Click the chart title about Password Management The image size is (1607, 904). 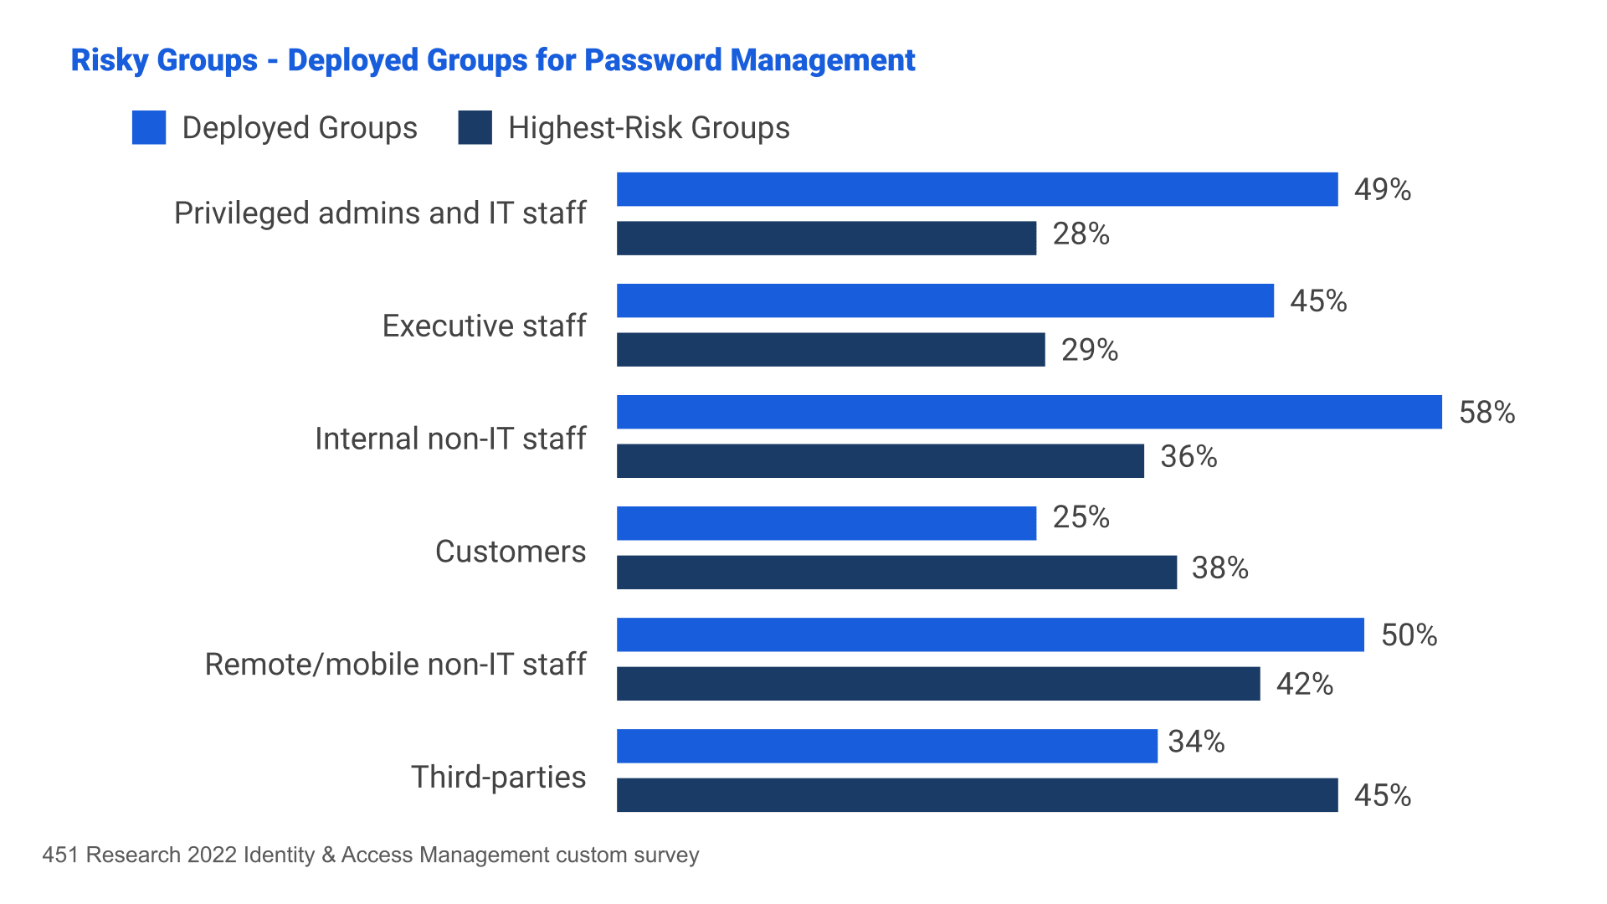(492, 60)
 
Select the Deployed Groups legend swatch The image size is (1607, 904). (149, 128)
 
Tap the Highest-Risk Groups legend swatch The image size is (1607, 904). (475, 128)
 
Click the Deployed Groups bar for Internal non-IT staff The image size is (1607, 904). (1029, 412)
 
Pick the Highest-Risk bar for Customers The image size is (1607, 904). (896, 572)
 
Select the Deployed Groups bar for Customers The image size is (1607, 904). (826, 523)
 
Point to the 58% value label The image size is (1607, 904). (1486, 413)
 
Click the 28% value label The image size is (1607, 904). (1081, 234)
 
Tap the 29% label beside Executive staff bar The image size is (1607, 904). (1089, 350)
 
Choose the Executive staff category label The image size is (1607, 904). (484, 326)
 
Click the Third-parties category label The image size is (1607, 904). (498, 777)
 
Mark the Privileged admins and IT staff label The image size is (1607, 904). (380, 213)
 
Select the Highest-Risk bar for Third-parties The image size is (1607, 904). (977, 794)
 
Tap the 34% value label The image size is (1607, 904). (1196, 742)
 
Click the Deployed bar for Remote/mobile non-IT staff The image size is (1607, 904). (990, 634)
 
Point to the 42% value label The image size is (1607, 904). (1304, 685)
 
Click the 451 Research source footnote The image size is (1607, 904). (371, 855)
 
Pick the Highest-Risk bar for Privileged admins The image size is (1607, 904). (826, 238)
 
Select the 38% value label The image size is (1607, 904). (1219, 568)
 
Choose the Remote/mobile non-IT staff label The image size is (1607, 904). (395, 664)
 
